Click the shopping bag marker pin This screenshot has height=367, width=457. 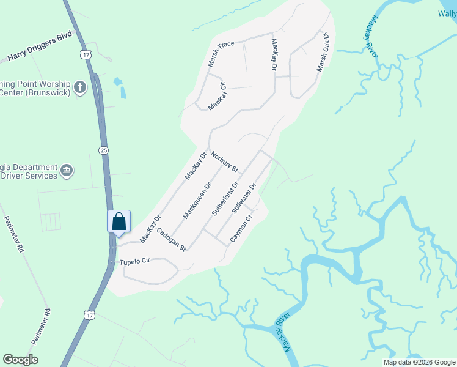click(x=119, y=222)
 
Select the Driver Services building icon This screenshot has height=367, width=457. click(x=67, y=169)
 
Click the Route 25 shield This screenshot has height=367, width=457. click(x=104, y=150)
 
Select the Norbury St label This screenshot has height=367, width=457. click(x=224, y=161)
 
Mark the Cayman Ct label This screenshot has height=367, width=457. click(x=241, y=229)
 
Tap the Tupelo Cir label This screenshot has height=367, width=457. click(x=134, y=261)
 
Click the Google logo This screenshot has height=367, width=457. click(x=20, y=360)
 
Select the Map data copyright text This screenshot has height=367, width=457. click(x=419, y=362)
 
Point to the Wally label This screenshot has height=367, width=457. click(x=447, y=13)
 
